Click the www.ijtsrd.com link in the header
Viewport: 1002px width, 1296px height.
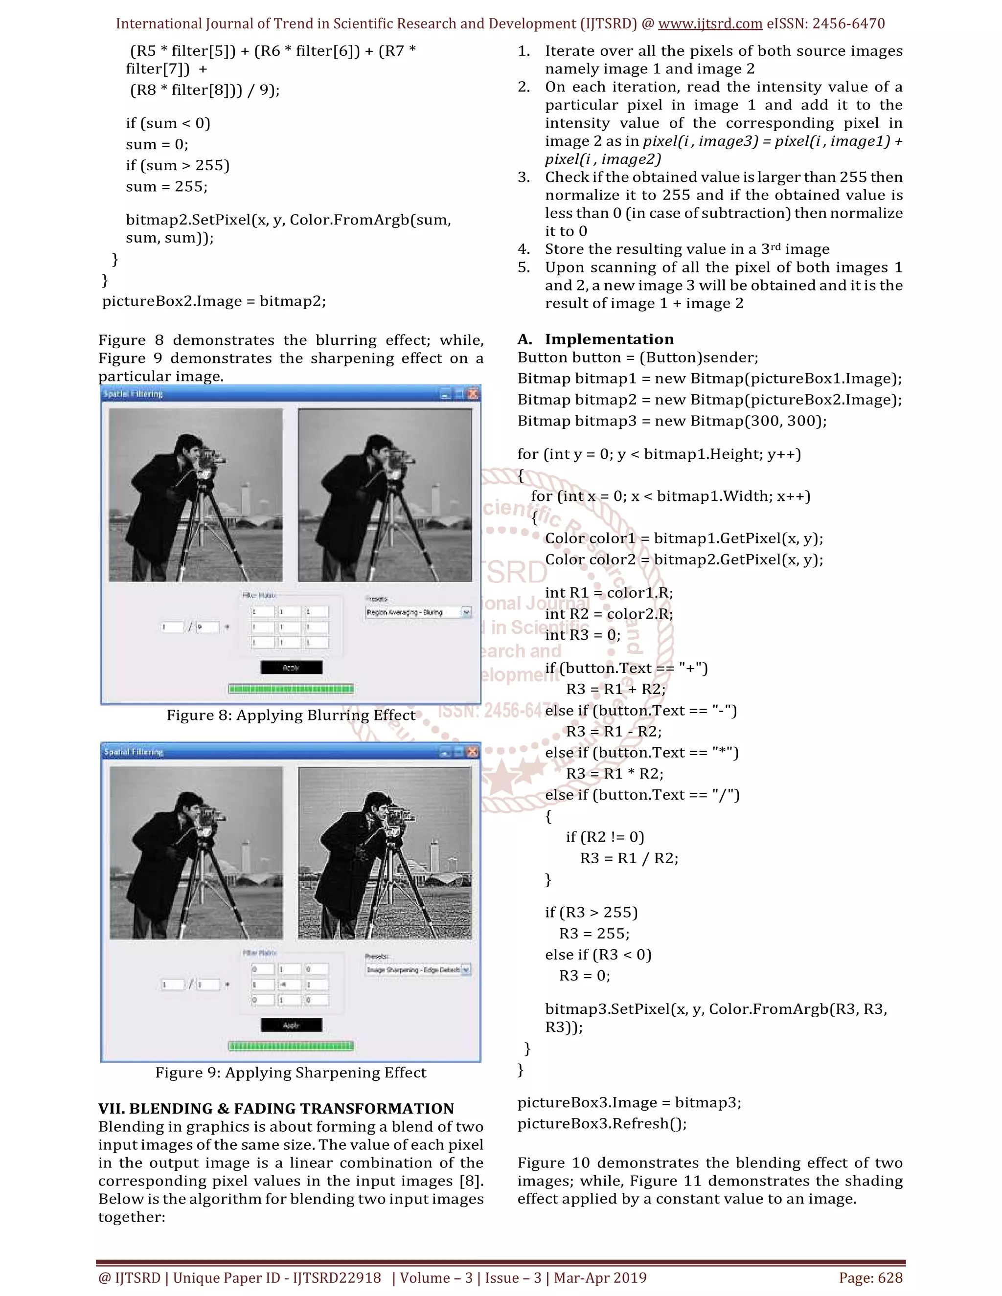point(710,24)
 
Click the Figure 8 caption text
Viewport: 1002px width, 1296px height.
point(291,715)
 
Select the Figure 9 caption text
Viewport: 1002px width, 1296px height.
point(291,1073)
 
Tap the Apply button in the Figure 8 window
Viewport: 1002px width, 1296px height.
point(292,668)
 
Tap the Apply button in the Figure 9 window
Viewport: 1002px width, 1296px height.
point(292,1025)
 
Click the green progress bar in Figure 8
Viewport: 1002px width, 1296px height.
point(291,689)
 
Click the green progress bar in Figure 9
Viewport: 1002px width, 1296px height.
point(291,1046)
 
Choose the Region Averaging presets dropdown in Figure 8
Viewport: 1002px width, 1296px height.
point(418,612)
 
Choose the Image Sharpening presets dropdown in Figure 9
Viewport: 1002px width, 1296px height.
point(418,970)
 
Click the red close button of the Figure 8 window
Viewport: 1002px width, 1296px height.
point(473,393)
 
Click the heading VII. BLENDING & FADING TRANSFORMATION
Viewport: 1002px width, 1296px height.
point(276,1109)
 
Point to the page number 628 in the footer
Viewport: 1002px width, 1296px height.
point(890,1277)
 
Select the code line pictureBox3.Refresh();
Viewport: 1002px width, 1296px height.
point(602,1123)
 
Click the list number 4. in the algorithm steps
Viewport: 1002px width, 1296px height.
point(524,249)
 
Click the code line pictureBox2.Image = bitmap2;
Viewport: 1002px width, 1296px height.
point(214,301)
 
